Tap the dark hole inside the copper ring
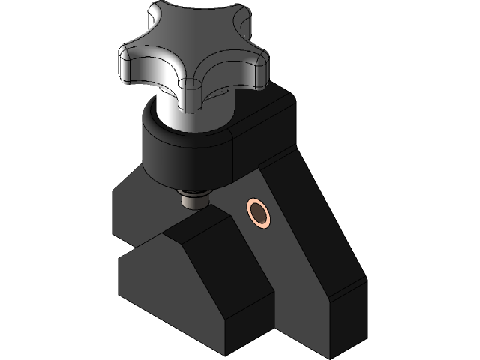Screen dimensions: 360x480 click(259, 213)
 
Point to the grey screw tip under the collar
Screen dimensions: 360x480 click(193, 200)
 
